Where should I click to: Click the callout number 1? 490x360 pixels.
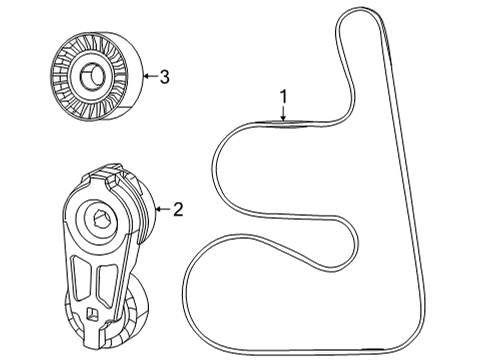pyautogui.click(x=283, y=96)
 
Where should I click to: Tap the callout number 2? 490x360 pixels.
pyautogui.click(x=177, y=209)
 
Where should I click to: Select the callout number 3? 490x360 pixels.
pyautogui.click(x=165, y=74)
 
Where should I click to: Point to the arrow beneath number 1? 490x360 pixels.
pyautogui.click(x=283, y=115)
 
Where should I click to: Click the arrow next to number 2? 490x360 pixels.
pyautogui.click(x=160, y=209)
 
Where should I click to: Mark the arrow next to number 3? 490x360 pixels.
pyautogui.click(x=148, y=74)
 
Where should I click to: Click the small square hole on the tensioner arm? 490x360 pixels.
pyautogui.click(x=91, y=315)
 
